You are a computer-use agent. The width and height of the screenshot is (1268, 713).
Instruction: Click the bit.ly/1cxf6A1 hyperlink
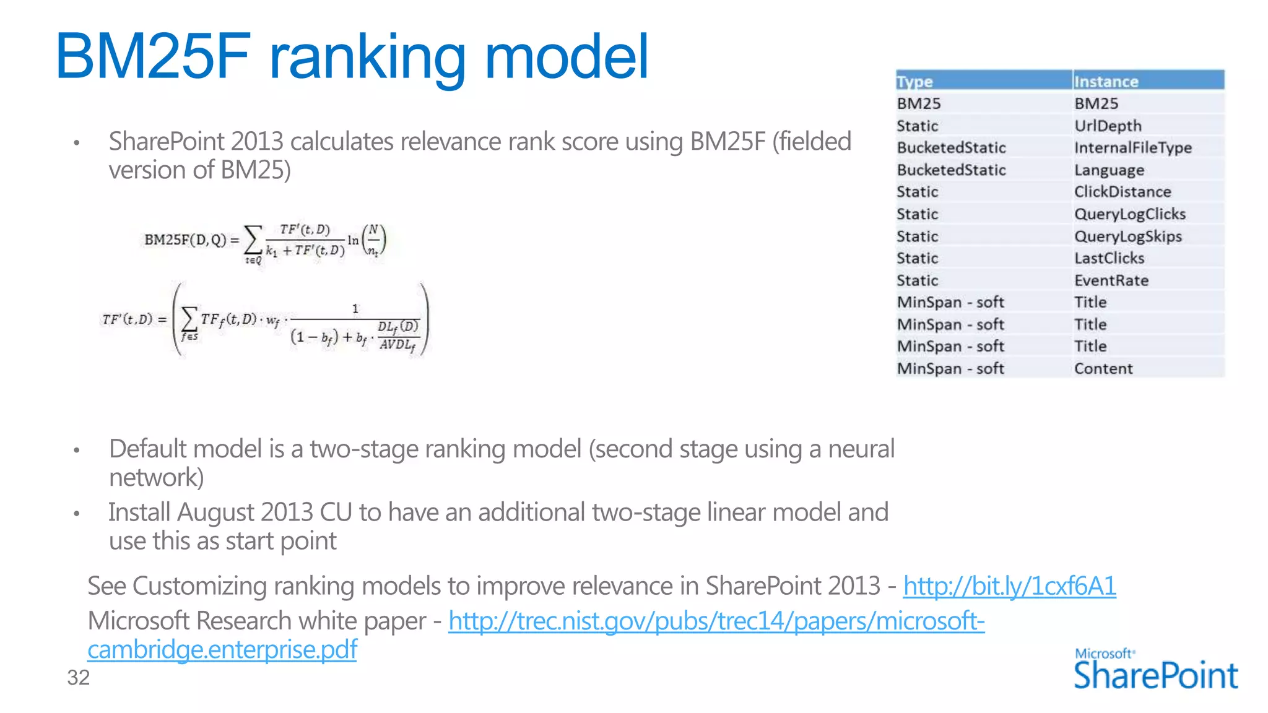click(x=1009, y=586)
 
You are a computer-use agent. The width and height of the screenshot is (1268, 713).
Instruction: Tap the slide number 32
click(x=79, y=678)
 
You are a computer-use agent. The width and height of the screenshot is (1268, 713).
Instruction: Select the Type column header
click(x=914, y=82)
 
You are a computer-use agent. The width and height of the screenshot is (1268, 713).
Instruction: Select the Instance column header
click(x=1106, y=82)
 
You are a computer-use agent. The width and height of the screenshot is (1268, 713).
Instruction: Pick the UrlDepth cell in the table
click(x=1108, y=126)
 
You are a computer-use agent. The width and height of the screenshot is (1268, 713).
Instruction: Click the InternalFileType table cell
click(x=1132, y=148)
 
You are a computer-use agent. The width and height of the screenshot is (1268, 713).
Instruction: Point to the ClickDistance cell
click(x=1122, y=192)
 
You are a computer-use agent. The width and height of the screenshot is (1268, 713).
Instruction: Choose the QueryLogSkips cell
click(x=1127, y=236)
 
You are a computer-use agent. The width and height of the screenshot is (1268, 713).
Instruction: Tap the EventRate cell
click(x=1111, y=280)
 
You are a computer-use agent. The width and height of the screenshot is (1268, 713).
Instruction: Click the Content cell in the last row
click(x=1103, y=369)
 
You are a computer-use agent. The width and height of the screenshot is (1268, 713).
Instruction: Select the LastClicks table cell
click(x=1109, y=258)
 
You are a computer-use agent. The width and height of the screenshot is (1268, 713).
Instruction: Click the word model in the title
click(x=567, y=57)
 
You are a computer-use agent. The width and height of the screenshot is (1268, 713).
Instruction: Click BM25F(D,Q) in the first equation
click(x=185, y=240)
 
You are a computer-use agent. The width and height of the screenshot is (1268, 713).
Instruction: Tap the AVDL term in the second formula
click(x=397, y=345)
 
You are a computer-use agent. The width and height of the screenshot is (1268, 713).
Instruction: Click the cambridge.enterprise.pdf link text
click(x=222, y=650)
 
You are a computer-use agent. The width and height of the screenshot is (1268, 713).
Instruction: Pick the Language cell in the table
click(x=1109, y=170)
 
